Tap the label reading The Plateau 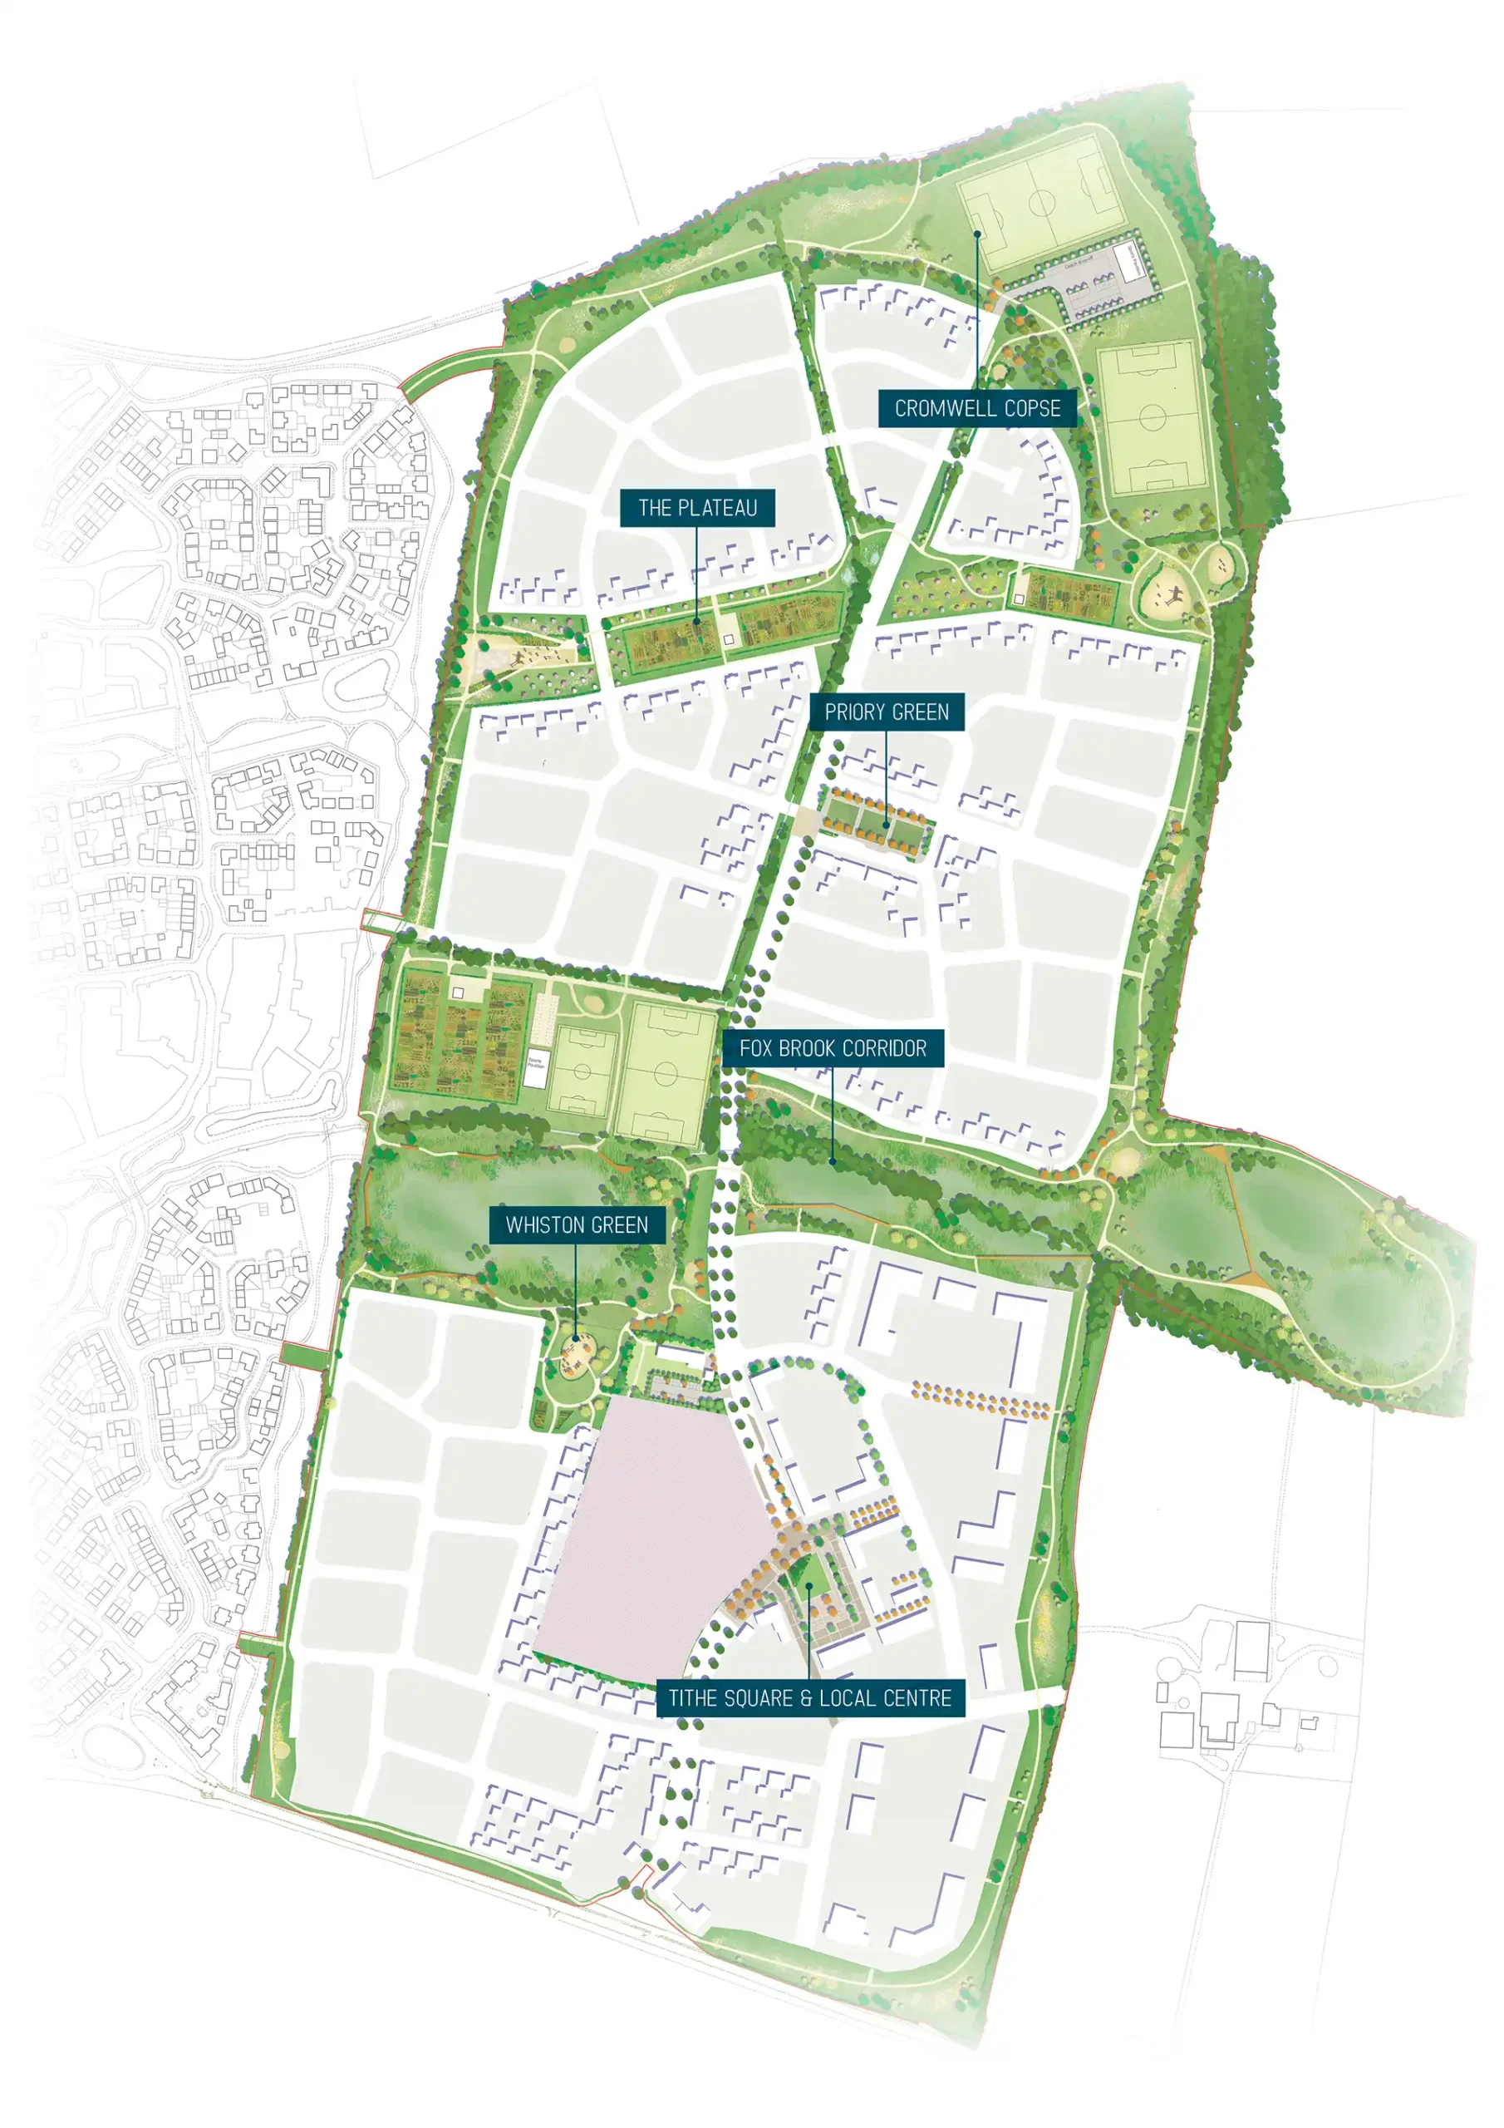697,508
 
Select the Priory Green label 886,712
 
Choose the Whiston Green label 577,1224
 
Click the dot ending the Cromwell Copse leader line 976,234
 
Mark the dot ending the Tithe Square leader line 809,1586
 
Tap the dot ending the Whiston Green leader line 576,1337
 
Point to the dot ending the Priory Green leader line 887,824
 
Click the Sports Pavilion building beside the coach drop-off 1132,263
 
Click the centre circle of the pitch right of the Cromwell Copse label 1152,417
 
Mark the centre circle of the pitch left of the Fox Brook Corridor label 666,1073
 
